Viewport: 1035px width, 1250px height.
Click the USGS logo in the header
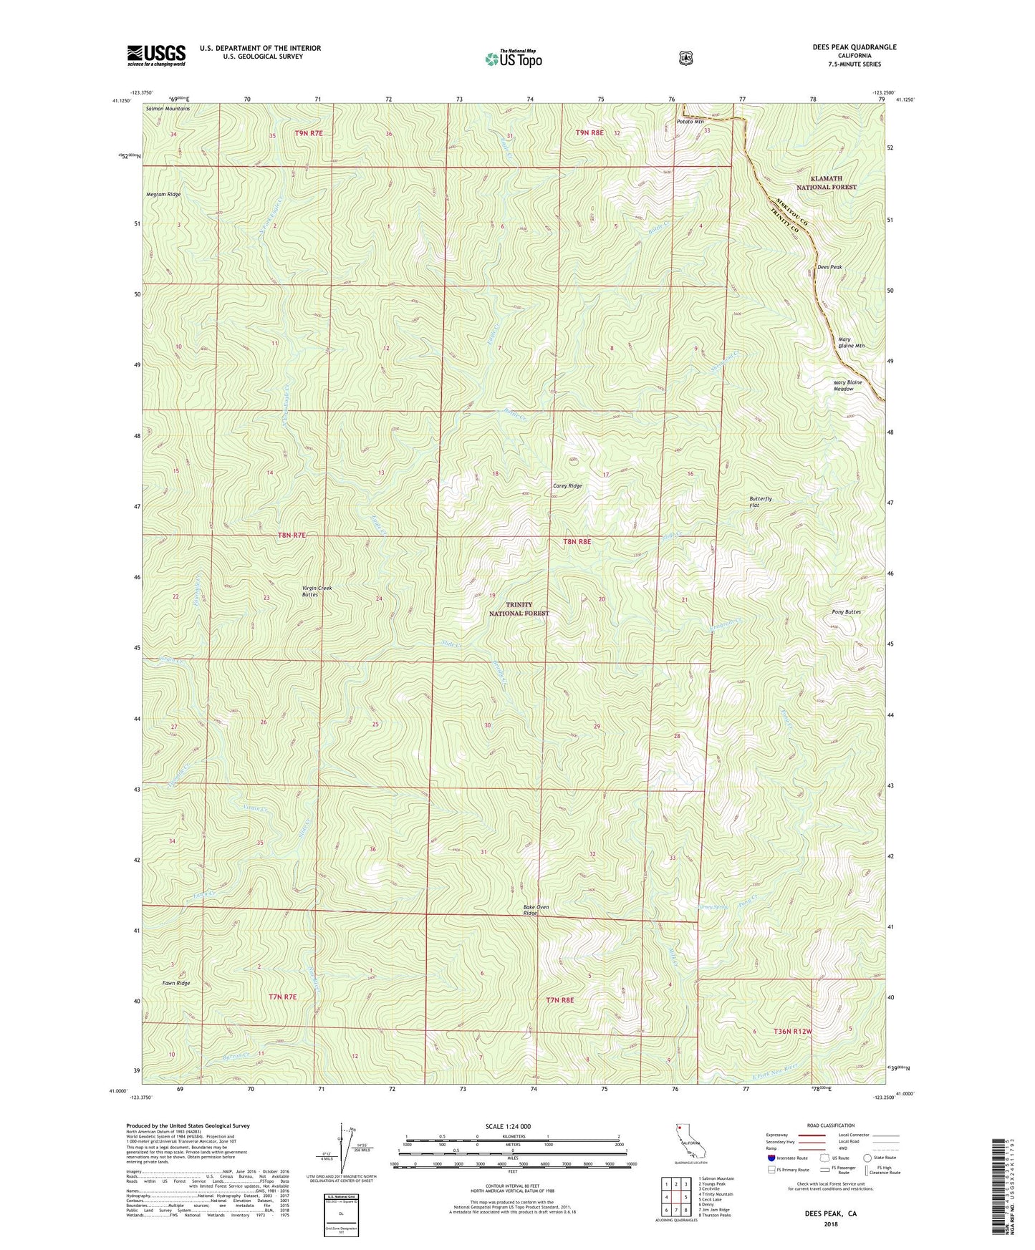click(x=156, y=55)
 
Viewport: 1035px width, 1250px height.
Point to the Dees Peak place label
click(x=829, y=267)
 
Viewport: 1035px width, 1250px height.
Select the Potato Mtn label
click(x=690, y=122)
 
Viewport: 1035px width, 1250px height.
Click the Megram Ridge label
click(x=163, y=194)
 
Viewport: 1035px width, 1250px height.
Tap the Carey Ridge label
click(x=567, y=486)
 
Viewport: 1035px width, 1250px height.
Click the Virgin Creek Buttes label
click(x=317, y=591)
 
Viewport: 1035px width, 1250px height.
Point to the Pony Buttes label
click(x=846, y=612)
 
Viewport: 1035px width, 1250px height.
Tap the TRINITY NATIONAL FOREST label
click(x=519, y=609)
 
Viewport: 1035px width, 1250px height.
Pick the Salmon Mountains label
click(x=168, y=109)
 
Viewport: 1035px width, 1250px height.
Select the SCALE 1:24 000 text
click(x=508, y=1126)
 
